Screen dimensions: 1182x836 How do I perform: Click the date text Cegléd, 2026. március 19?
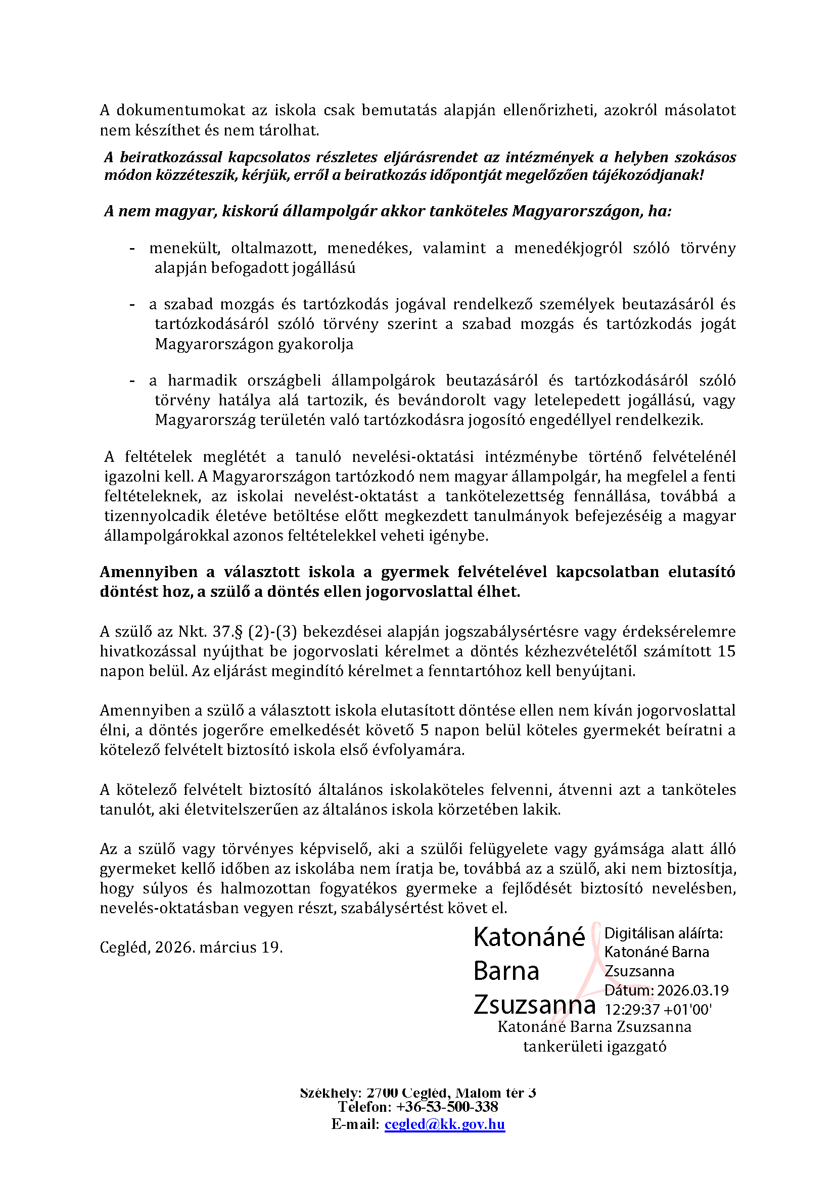(x=191, y=947)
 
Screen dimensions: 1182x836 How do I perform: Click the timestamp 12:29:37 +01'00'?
(x=658, y=1009)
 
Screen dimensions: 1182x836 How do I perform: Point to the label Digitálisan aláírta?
(x=664, y=933)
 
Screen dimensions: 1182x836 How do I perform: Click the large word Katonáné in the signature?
(x=529, y=937)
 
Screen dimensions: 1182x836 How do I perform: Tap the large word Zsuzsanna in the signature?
(x=534, y=1005)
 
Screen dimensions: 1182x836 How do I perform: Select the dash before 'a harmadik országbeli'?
(x=132, y=381)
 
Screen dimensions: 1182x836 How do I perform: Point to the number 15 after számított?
(x=726, y=651)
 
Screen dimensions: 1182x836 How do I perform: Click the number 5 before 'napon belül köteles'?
(x=425, y=730)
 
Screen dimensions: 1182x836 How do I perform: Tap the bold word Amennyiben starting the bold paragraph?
(x=148, y=572)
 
